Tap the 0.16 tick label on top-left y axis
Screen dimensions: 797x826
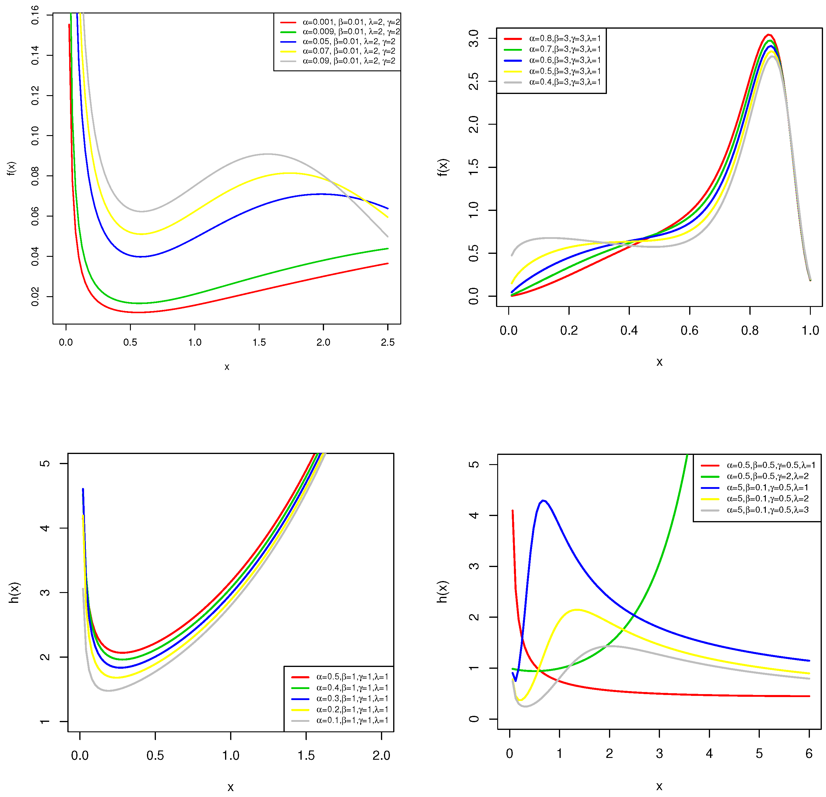(x=35, y=15)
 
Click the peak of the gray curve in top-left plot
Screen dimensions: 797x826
(x=268, y=154)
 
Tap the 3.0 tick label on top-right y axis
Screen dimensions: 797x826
(x=474, y=38)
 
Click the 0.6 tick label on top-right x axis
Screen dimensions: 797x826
(x=689, y=330)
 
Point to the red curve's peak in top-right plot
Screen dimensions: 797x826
(x=768, y=35)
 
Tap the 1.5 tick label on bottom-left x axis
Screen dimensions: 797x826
(x=306, y=755)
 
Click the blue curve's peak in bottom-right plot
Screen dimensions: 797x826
(x=543, y=501)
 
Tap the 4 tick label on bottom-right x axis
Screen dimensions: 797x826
(x=709, y=753)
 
